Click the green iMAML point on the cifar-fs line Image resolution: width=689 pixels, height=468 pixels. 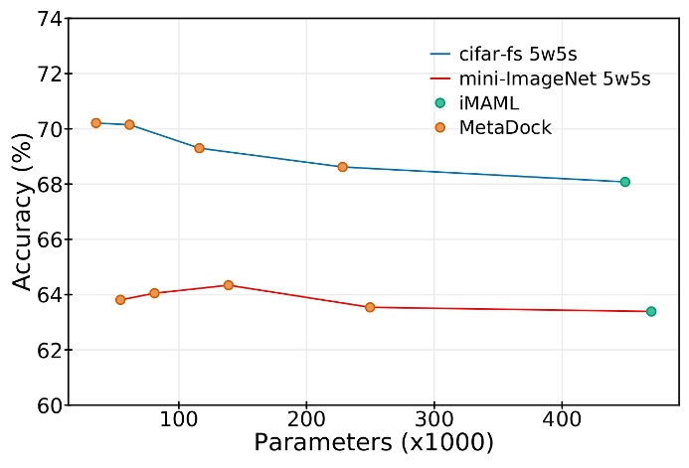tap(624, 182)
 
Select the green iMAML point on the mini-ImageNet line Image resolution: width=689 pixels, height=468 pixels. tap(651, 311)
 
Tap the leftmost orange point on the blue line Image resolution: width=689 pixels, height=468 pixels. tap(96, 122)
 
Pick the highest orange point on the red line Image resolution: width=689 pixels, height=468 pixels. tap(229, 285)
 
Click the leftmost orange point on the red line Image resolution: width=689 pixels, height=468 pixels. tap(120, 299)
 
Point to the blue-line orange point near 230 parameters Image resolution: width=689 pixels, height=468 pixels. tap(342, 167)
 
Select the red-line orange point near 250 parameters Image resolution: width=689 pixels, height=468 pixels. tap(370, 307)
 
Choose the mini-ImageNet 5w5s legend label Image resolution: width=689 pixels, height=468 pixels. tap(555, 78)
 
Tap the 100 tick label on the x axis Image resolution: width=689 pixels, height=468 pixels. tap(179, 421)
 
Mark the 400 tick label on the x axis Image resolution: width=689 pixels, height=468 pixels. tap(562, 421)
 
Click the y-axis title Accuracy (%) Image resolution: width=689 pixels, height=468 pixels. tap(21, 212)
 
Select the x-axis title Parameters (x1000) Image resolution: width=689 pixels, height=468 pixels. tap(374, 443)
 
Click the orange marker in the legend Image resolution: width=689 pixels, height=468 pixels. tap(440, 126)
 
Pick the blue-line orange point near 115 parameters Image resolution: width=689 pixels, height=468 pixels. tap(199, 148)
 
